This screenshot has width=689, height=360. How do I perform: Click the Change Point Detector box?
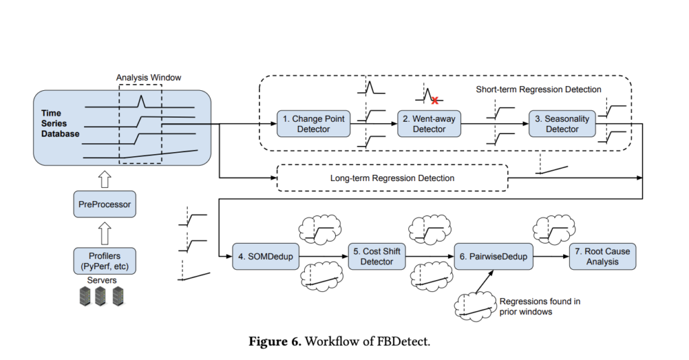click(313, 124)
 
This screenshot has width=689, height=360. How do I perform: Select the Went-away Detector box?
click(429, 124)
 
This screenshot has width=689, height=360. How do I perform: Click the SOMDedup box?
click(265, 256)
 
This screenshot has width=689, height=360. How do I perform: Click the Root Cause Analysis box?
click(603, 256)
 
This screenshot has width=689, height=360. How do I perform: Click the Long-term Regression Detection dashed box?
click(392, 178)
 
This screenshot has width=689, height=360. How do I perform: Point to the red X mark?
click(435, 100)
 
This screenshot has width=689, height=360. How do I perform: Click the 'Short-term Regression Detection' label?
click(538, 89)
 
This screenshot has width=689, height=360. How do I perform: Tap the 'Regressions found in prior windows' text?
click(539, 307)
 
